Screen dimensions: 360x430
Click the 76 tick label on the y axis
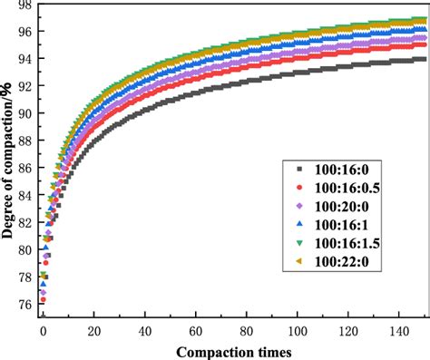point(25,306)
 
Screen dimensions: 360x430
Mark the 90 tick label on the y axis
point(25,114)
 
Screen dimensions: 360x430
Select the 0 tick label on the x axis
point(42,332)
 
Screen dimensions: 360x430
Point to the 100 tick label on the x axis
point(296,332)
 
